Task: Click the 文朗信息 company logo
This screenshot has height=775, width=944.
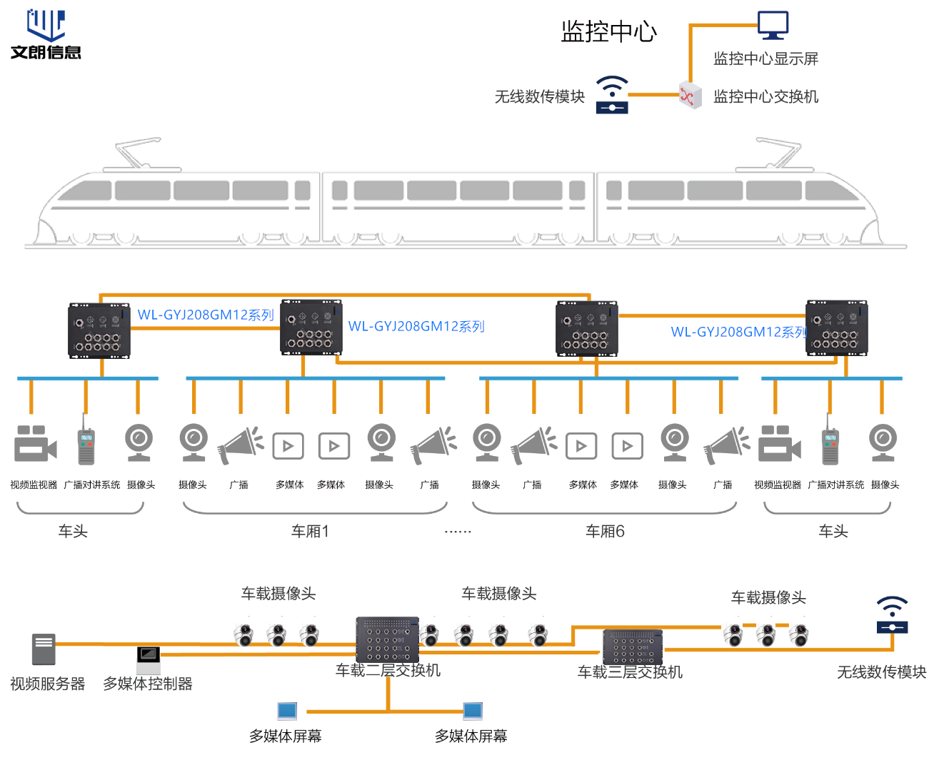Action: pyautogui.click(x=46, y=34)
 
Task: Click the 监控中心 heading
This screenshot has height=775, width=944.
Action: pyautogui.click(x=608, y=31)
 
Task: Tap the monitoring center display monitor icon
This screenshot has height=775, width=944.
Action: pyautogui.click(x=773, y=26)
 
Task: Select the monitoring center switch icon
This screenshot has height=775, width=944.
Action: pyautogui.click(x=689, y=96)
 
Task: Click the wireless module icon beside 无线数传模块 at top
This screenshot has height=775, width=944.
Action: pyautogui.click(x=612, y=95)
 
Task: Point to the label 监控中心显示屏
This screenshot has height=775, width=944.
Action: pyautogui.click(x=765, y=59)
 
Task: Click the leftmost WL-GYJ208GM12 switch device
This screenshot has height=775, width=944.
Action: pyautogui.click(x=99, y=330)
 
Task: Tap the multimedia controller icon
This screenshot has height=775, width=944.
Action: pyautogui.click(x=149, y=658)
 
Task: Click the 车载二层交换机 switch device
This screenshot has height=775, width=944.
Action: pyautogui.click(x=387, y=639)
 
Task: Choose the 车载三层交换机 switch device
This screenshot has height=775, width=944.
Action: pyautogui.click(x=633, y=647)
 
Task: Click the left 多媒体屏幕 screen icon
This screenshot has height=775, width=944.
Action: pyautogui.click(x=287, y=711)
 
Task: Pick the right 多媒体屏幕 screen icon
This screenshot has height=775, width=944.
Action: pyautogui.click(x=473, y=711)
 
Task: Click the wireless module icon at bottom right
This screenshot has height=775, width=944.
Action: pyautogui.click(x=892, y=615)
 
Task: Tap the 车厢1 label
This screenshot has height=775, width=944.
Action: pyautogui.click(x=310, y=531)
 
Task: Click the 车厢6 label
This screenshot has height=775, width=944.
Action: pyautogui.click(x=605, y=531)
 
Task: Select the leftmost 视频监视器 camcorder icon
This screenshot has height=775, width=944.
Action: pyautogui.click(x=35, y=444)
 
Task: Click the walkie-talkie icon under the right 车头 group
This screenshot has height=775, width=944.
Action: pyautogui.click(x=830, y=442)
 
